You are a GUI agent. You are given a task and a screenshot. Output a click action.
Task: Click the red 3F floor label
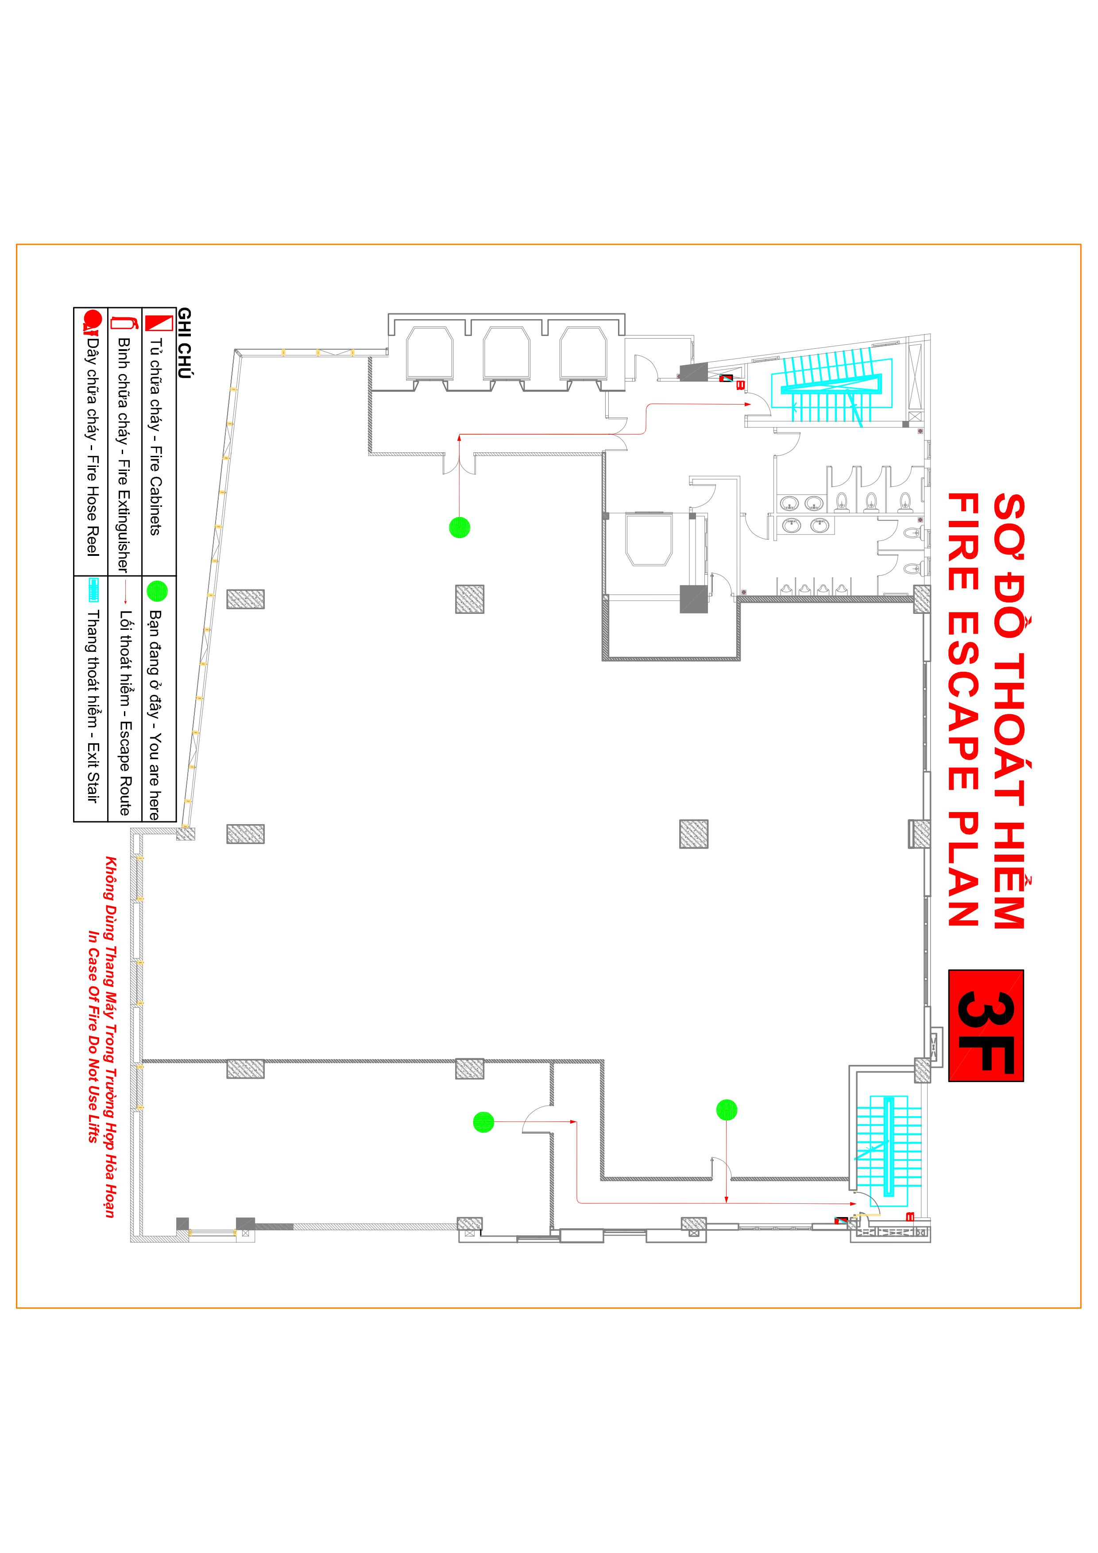[985, 1025]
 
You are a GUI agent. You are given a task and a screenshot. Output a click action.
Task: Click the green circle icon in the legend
[157, 590]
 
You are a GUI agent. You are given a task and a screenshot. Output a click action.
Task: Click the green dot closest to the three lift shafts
[460, 527]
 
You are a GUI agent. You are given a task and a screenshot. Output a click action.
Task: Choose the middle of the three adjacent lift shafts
[506, 354]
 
